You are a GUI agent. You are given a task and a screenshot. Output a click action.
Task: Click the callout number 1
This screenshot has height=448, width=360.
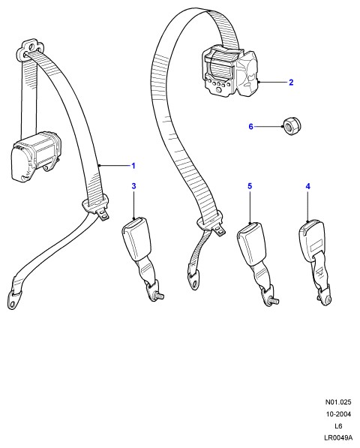pos(133,166)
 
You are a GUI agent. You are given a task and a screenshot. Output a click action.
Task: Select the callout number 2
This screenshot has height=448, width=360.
pos(291,83)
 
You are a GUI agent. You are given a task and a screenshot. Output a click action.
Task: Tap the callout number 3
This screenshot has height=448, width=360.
pos(133,186)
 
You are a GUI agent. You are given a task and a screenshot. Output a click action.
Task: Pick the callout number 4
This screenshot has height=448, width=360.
pos(307,186)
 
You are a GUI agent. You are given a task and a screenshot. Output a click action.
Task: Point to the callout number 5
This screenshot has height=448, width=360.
pos(250,186)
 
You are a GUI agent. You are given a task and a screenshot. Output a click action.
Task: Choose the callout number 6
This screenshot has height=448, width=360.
pos(250,126)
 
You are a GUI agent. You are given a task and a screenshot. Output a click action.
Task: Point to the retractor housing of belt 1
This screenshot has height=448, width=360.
pos(36,156)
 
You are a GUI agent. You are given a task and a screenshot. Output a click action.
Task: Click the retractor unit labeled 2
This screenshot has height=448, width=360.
pos(229,74)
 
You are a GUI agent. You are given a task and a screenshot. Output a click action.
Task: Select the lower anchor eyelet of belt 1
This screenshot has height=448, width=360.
pos(13,300)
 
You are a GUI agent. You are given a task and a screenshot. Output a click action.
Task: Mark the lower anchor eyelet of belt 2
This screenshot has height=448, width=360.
pos(194,281)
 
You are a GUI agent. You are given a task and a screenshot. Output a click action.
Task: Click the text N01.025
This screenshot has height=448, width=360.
pos(338,402)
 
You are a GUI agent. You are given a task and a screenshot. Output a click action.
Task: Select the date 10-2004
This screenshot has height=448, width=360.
pos(338,414)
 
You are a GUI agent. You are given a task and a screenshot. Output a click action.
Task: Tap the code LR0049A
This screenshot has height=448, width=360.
pos(338,437)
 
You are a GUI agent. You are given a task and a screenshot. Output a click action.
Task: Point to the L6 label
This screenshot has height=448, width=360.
pos(338,426)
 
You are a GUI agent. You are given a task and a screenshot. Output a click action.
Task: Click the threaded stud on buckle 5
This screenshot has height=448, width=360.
pos(274,301)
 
